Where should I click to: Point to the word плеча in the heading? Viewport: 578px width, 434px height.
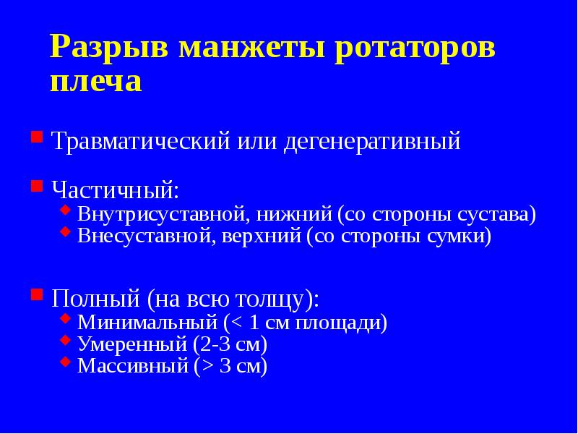coord(96,81)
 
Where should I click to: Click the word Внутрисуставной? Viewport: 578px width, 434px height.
coord(163,215)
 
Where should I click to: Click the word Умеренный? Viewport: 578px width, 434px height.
coord(132,344)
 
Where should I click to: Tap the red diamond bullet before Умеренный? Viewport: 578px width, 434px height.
coord(66,340)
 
